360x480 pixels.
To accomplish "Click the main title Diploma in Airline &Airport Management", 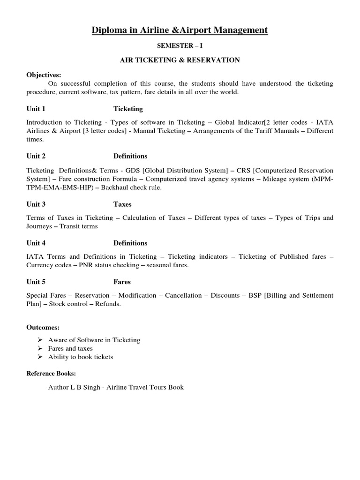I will [180, 30].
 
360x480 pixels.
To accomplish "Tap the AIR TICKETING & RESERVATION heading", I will [180, 60].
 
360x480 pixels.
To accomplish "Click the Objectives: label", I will [44, 75].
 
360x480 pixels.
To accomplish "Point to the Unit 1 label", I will [36, 109].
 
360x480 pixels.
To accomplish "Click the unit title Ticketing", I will [128, 109].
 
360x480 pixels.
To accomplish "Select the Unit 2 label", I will [36, 156].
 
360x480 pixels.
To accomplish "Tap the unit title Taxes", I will [122, 204].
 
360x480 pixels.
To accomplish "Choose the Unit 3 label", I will [36, 204].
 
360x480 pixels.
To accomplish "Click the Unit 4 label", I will [36, 243].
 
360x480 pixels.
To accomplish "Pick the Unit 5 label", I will [36, 282].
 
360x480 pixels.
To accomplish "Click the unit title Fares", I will [122, 282].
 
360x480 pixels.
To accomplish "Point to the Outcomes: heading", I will [43, 327].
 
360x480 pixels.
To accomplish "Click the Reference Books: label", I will [51, 374].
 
